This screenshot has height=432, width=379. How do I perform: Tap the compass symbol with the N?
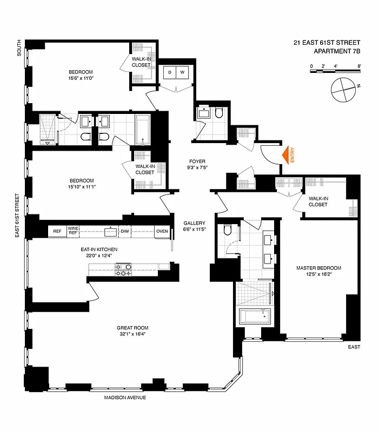345,89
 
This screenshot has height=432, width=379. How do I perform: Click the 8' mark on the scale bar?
359,66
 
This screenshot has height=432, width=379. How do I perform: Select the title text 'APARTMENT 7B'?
337,51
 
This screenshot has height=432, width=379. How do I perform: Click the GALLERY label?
194,223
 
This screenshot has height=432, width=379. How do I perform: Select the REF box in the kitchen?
57,232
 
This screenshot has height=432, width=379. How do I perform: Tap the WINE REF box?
74,232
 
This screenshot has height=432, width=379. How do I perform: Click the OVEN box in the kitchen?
162,232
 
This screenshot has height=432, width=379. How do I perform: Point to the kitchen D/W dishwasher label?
125,232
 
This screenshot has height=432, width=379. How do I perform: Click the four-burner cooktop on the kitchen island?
124,269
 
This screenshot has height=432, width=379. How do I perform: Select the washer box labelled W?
182,72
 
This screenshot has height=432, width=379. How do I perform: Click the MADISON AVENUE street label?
125,398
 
